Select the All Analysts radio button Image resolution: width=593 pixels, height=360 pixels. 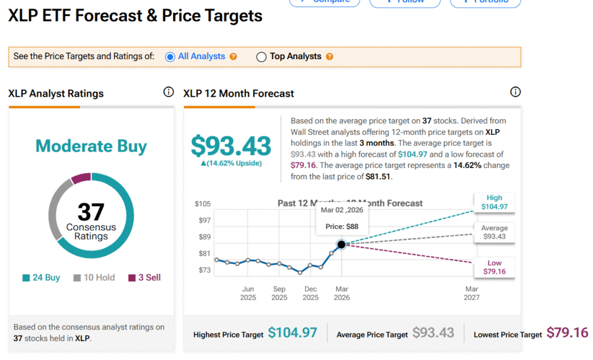point(170,57)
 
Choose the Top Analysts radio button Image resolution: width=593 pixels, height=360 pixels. point(261,57)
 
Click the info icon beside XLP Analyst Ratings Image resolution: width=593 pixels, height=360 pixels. point(169,92)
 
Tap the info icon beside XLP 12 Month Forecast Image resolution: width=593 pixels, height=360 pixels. point(515,92)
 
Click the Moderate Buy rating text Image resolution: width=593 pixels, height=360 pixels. point(91,146)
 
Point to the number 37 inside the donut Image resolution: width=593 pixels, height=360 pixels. point(91,212)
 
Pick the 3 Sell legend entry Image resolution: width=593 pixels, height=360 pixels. point(144,278)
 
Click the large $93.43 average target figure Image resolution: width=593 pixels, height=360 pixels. point(231,146)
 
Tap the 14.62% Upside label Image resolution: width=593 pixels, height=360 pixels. point(231,163)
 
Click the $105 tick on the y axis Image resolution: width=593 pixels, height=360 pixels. point(203,204)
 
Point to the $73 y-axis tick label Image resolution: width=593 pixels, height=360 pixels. point(204,270)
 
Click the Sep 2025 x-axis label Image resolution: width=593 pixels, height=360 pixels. point(279,293)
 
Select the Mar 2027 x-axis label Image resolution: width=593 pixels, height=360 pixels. point(472,293)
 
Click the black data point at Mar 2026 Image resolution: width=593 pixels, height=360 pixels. point(341,245)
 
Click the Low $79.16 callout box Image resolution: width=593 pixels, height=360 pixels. point(494,267)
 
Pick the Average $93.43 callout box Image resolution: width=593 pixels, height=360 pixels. point(494,232)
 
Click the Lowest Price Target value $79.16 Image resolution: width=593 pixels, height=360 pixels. point(567,333)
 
